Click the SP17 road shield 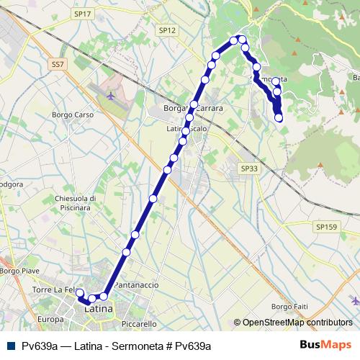click(83, 14)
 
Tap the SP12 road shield click(168, 30)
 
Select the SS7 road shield click(58, 64)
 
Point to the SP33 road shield click(248, 168)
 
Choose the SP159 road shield click(325, 226)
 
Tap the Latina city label click(99, 309)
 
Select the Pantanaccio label click(136, 285)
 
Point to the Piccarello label click(138, 324)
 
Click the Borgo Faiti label click(289, 307)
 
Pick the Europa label click(51, 319)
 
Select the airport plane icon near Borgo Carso click(109, 94)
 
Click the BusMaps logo click(329, 346)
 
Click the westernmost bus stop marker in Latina click(81, 293)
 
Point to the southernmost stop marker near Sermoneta click(279, 118)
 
